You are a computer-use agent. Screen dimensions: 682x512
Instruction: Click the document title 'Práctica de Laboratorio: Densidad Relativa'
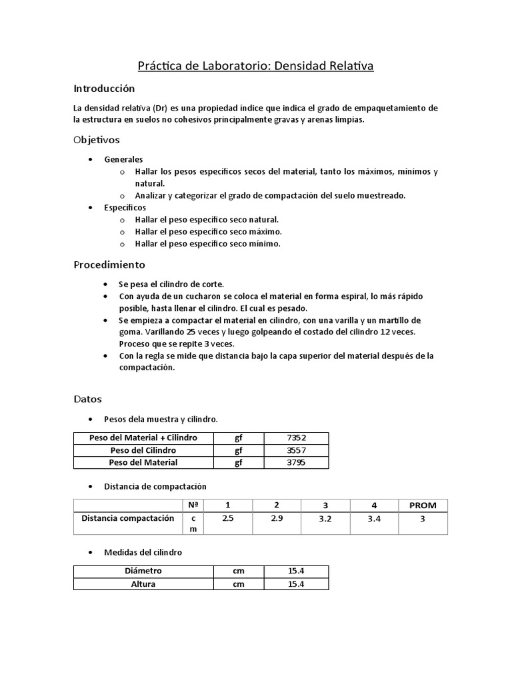pyautogui.click(x=256, y=66)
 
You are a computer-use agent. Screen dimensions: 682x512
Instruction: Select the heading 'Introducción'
pyautogui.click(x=104, y=89)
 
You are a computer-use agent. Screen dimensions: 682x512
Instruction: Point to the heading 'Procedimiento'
pyautogui.click(x=109, y=264)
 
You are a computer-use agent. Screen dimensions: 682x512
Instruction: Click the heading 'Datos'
pyautogui.click(x=87, y=400)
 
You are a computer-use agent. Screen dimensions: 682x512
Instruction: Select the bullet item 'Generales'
pyautogui.click(x=123, y=160)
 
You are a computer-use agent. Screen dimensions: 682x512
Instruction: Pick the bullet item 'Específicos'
pyautogui.click(x=125, y=208)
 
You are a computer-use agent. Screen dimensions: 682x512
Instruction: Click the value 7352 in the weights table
pyautogui.click(x=296, y=438)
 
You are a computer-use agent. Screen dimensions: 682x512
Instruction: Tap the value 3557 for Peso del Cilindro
pyautogui.click(x=296, y=450)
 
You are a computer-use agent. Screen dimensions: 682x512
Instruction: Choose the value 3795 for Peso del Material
pyautogui.click(x=296, y=462)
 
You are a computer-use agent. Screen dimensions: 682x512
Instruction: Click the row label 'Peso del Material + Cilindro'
pyautogui.click(x=143, y=438)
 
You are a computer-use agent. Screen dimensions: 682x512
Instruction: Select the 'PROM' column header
pyautogui.click(x=423, y=505)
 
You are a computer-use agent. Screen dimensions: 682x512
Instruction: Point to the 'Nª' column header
pyautogui.click(x=193, y=505)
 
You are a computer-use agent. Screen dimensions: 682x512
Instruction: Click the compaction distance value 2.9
pyautogui.click(x=277, y=518)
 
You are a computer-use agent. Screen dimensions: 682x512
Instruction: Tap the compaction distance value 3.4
pyautogui.click(x=374, y=519)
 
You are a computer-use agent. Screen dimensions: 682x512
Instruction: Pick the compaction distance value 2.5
pyautogui.click(x=227, y=518)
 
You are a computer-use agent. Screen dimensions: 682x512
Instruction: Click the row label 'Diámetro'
pyautogui.click(x=143, y=571)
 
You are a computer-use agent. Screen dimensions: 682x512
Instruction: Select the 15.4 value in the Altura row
pyautogui.click(x=296, y=584)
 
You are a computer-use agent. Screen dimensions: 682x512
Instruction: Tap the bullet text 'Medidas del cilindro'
pyautogui.click(x=143, y=553)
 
